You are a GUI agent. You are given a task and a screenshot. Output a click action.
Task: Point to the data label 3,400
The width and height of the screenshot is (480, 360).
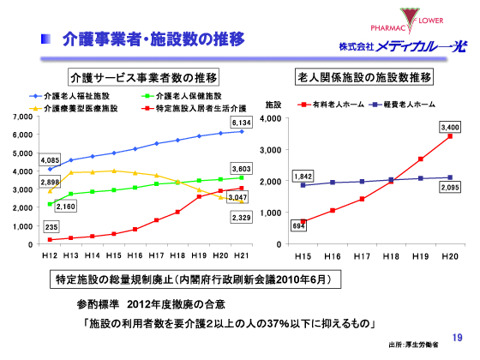pyautogui.click(x=449, y=127)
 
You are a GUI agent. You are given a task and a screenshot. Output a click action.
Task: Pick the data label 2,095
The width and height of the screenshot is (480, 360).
pyautogui.click(x=450, y=185)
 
